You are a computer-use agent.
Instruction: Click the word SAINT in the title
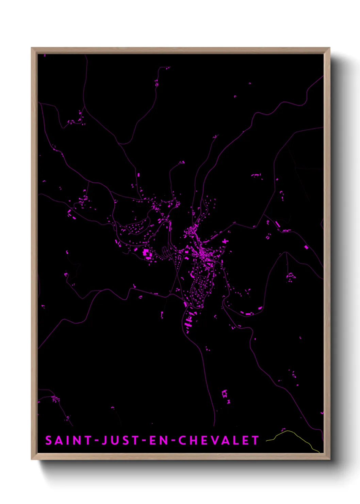click(68, 440)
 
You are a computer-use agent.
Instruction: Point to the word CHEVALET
click(219, 440)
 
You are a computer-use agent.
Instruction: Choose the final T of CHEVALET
click(256, 440)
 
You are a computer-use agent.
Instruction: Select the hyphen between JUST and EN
click(144, 440)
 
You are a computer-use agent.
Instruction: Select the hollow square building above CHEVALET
click(224, 394)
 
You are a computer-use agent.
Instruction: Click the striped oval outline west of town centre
click(166, 252)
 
